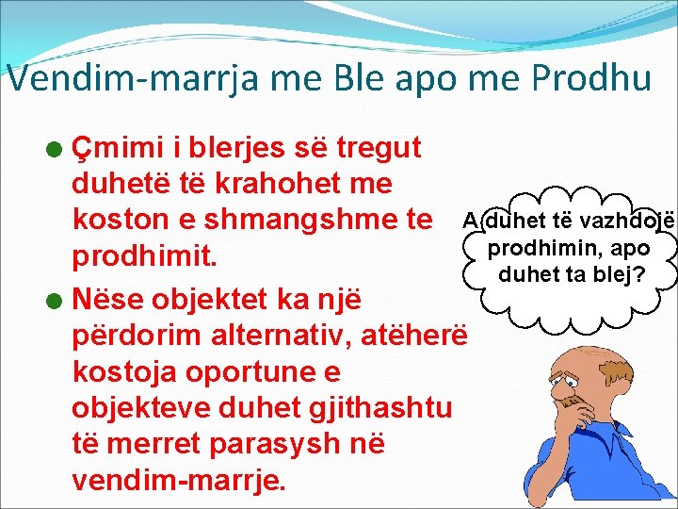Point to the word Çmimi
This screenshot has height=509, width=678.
[121, 147]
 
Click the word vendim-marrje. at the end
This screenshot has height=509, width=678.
[178, 479]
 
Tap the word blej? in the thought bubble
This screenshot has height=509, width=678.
[630, 275]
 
